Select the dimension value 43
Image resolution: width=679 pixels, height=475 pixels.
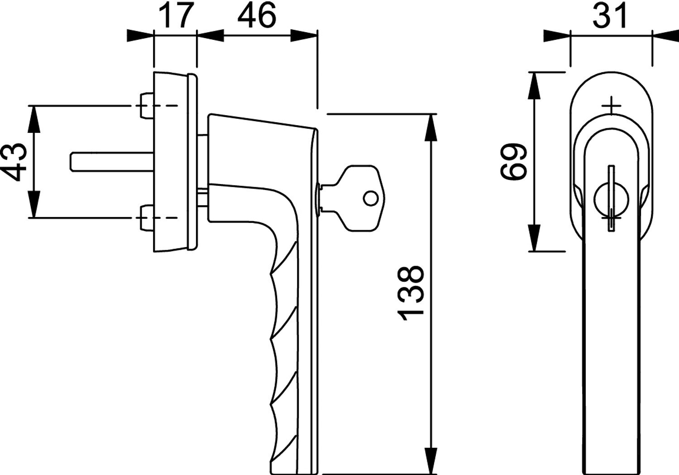pyautogui.click(x=14, y=162)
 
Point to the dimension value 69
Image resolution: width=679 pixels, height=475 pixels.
pyautogui.click(x=513, y=161)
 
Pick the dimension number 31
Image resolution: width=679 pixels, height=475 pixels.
pyautogui.click(x=610, y=16)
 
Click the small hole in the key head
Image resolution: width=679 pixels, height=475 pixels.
pyautogui.click(x=370, y=199)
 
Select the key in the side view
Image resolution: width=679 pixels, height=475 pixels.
pyautogui.click(x=350, y=199)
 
